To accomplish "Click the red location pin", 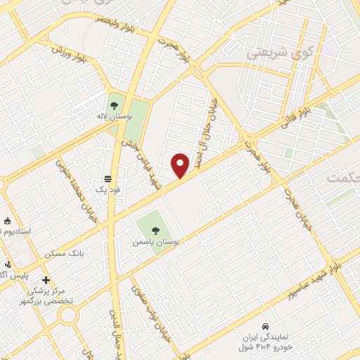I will [181, 165].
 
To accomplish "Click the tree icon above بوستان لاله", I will [114, 105].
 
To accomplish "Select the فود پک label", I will [107, 190].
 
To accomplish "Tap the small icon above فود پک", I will [107, 179].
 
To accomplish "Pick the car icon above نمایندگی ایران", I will [264, 327].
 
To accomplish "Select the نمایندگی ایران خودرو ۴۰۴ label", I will [264, 342].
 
